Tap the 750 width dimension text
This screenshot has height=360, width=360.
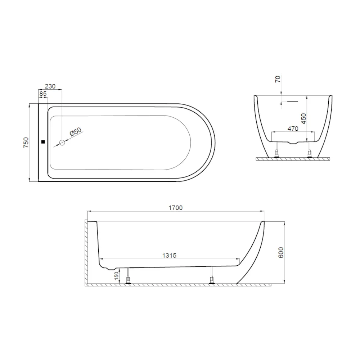tap(25, 143)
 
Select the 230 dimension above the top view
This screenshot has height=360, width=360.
tap(50, 86)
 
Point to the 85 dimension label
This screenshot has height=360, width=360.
tap(43, 94)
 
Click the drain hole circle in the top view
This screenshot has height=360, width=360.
tap(62, 143)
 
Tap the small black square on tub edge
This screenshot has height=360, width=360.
tap(43, 142)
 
